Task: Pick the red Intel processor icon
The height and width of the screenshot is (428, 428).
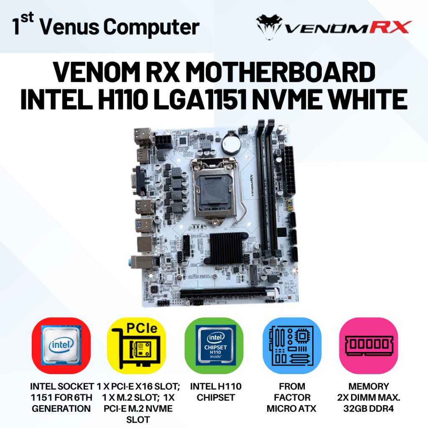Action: coord(61,345)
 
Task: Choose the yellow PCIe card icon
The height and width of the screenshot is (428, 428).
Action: coord(138,345)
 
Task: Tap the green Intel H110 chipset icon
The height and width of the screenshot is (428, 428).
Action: coord(214,345)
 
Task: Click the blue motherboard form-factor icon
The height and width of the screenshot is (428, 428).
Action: coord(292,345)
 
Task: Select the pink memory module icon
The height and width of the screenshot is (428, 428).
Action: coord(368,345)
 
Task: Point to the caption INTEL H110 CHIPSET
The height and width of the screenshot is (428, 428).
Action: coord(216,392)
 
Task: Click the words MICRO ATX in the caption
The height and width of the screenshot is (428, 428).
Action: coord(292,408)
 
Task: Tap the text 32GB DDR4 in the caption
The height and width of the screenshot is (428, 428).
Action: coord(368,408)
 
